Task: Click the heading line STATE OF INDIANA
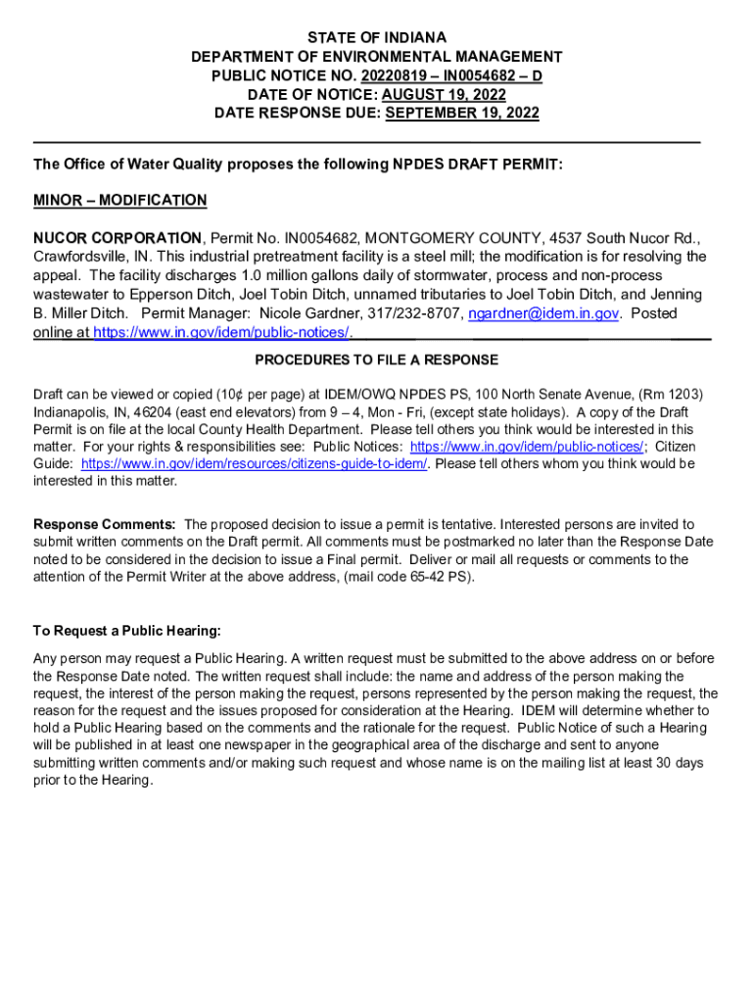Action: pos(377,38)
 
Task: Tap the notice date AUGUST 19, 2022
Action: pos(444,95)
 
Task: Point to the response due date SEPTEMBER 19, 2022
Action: pos(462,114)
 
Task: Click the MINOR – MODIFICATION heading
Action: pos(119,201)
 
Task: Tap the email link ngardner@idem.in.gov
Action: pos(543,313)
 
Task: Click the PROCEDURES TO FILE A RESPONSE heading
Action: pos(377,360)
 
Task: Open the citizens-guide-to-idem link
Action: pos(255,463)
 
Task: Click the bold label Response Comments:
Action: pos(105,525)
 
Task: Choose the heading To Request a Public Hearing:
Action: pos(127,631)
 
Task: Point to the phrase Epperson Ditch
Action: pos(169,295)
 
